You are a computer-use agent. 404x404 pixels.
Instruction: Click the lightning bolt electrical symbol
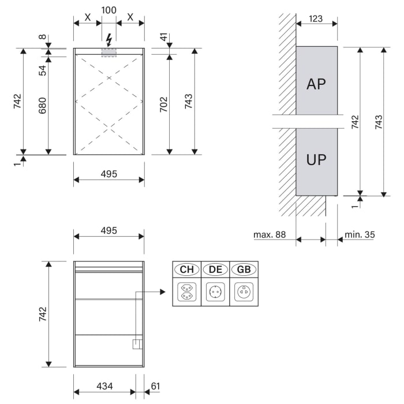coord(109,40)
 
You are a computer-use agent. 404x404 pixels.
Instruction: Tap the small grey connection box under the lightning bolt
coord(109,53)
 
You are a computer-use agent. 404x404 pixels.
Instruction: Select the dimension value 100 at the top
coord(109,11)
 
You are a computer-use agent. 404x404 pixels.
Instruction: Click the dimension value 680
coord(42,104)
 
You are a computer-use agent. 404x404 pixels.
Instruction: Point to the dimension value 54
coord(42,70)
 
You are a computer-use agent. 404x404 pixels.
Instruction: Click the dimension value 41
coord(164,40)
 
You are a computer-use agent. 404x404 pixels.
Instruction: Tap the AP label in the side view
coord(316,84)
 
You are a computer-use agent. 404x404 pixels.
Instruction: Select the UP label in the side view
coord(316,160)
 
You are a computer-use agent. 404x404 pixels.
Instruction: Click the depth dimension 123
coord(316,18)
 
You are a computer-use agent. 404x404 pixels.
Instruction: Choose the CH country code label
coord(186,270)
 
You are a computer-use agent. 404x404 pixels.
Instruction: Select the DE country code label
coord(215,270)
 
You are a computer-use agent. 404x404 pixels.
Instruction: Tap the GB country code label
coord(244,270)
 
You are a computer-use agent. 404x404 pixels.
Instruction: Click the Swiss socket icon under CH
coord(186,293)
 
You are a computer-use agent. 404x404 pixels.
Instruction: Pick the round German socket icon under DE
coord(215,293)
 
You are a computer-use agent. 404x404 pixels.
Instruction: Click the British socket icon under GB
coord(244,293)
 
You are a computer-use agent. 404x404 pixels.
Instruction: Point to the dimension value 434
coord(104,386)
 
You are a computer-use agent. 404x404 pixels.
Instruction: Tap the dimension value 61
coord(155,386)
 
